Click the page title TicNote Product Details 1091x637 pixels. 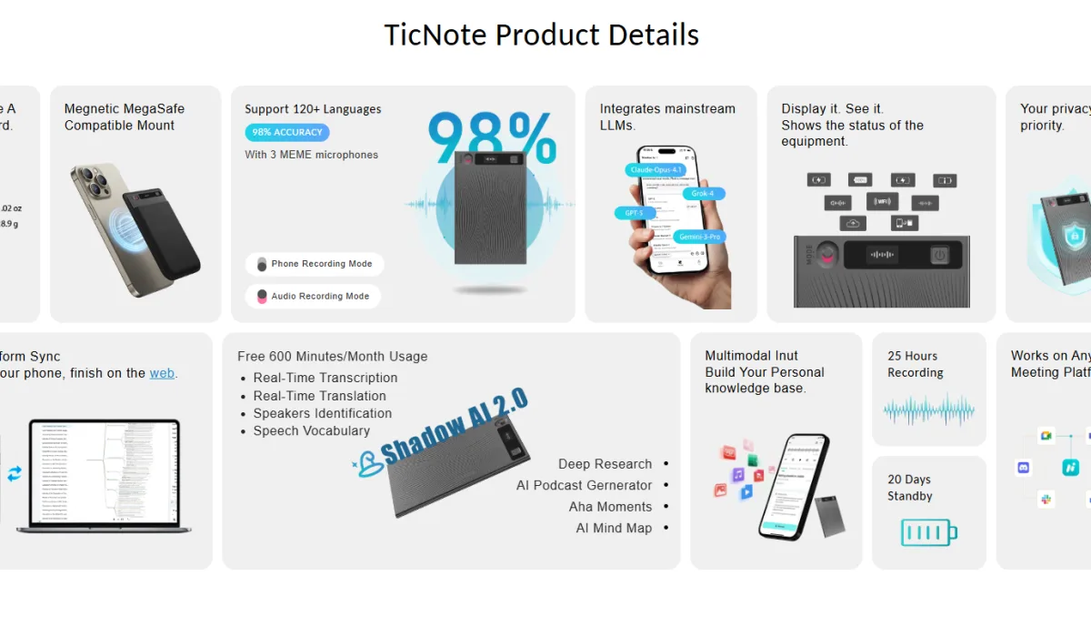pyautogui.click(x=542, y=35)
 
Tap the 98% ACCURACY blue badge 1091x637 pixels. pyautogui.click(x=287, y=133)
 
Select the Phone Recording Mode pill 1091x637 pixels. pyautogui.click(x=315, y=264)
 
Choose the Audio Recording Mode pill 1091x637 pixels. pyautogui.click(x=313, y=296)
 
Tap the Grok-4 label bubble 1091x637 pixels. pyautogui.click(x=702, y=194)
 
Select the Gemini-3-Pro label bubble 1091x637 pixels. pyautogui.click(x=699, y=238)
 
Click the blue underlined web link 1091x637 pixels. pyautogui.click(x=162, y=373)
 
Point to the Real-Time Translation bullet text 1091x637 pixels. pyautogui.click(x=319, y=396)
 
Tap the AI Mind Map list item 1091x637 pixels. pyautogui.click(x=614, y=528)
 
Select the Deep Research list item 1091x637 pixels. pyautogui.click(x=605, y=464)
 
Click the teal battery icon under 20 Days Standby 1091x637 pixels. pyautogui.click(x=928, y=532)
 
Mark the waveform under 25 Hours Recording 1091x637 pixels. pyautogui.click(x=928, y=410)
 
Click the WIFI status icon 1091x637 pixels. pyautogui.click(x=881, y=202)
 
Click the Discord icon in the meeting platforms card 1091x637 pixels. pyautogui.click(x=1024, y=468)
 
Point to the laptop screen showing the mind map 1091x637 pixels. pyautogui.click(x=105, y=470)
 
